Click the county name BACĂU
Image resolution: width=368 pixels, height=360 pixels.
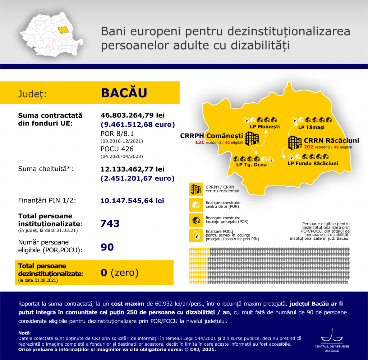click(124, 93)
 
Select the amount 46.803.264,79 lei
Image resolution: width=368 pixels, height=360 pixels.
click(133, 116)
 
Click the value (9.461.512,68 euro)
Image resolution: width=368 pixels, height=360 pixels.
click(138, 125)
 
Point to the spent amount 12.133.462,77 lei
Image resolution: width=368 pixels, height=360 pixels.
click(133, 169)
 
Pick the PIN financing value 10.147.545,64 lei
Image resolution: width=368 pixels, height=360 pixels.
click(133, 201)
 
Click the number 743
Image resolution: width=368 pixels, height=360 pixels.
click(110, 224)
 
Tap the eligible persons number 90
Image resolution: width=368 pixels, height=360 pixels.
click(107, 247)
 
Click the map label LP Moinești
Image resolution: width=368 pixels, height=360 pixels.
click(264, 126)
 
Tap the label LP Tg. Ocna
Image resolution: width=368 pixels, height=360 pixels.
click(251, 165)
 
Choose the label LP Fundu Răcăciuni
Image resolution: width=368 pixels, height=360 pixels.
click(313, 163)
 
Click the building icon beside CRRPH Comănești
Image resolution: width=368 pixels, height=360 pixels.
click(252, 138)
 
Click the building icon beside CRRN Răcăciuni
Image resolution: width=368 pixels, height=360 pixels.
click(295, 142)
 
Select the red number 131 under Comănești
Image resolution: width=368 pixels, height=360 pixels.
click(199, 142)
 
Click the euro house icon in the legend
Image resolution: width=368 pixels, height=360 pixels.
click(196, 235)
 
